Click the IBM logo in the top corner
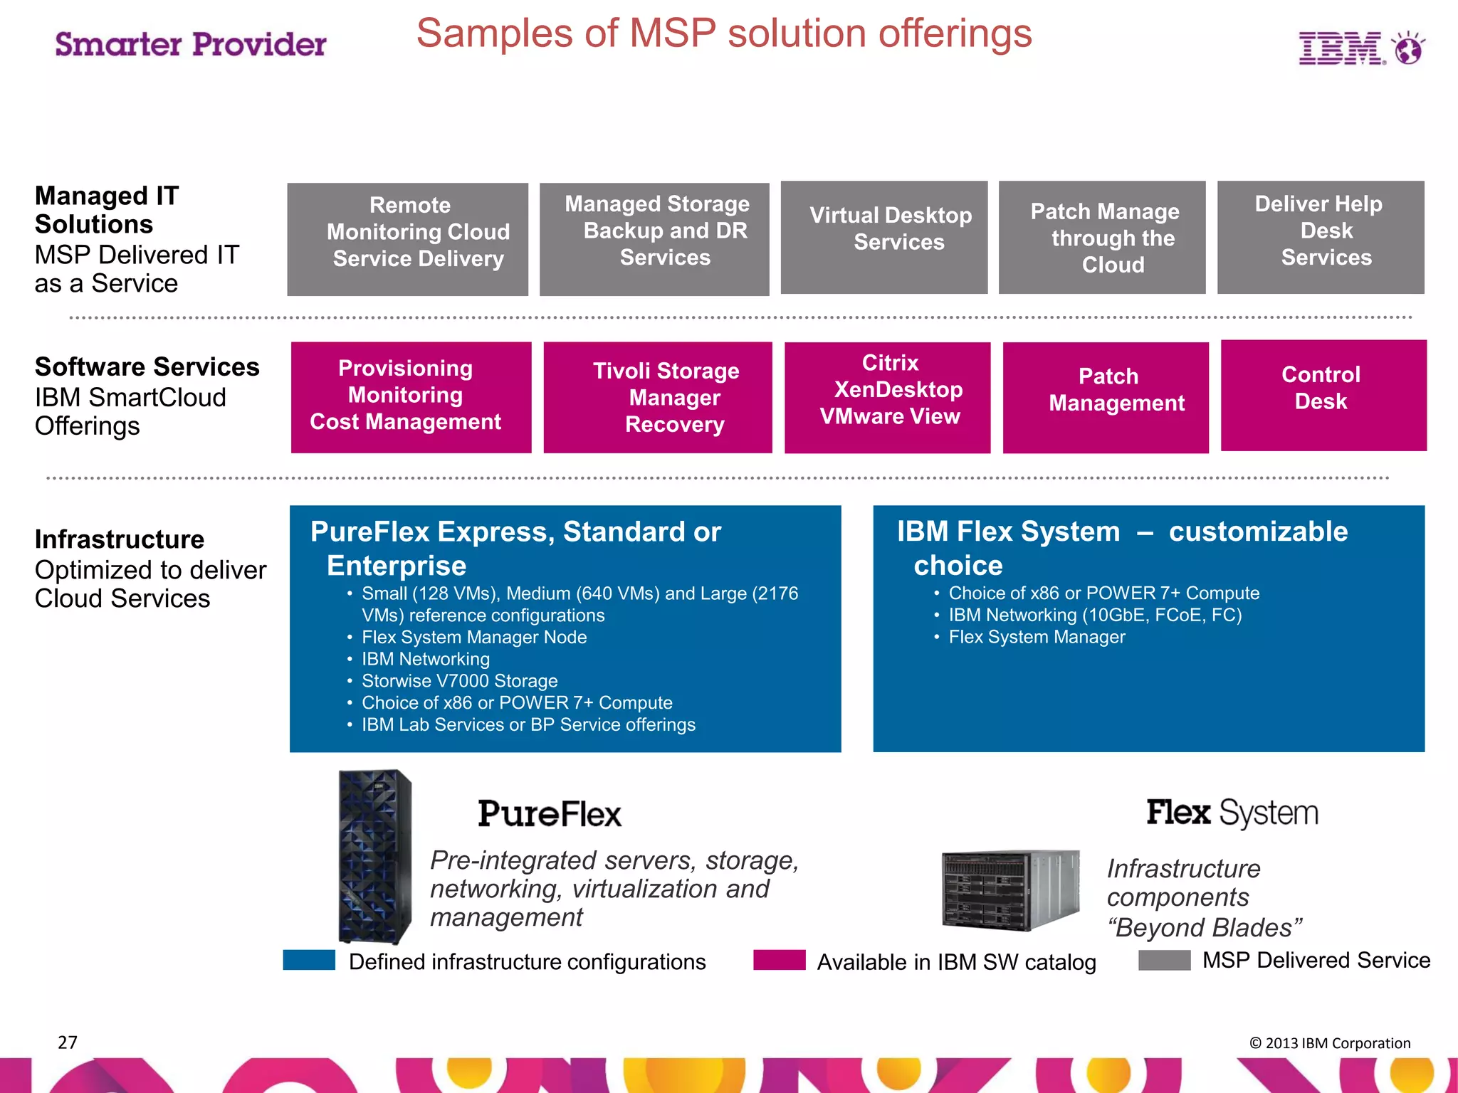(x=1360, y=48)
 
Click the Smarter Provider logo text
(x=191, y=44)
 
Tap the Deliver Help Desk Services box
(x=1321, y=237)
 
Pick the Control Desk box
(x=1323, y=395)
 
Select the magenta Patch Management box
(x=1106, y=397)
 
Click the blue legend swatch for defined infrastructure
(x=309, y=960)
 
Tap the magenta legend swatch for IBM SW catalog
(x=780, y=960)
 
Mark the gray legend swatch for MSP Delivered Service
(x=1165, y=960)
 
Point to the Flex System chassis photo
(x=1009, y=890)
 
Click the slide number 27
(x=68, y=1042)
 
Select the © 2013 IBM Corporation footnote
(x=1330, y=1043)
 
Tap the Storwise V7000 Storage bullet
(x=459, y=681)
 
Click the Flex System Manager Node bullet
(x=474, y=637)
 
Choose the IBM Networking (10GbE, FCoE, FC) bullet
(x=1095, y=615)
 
